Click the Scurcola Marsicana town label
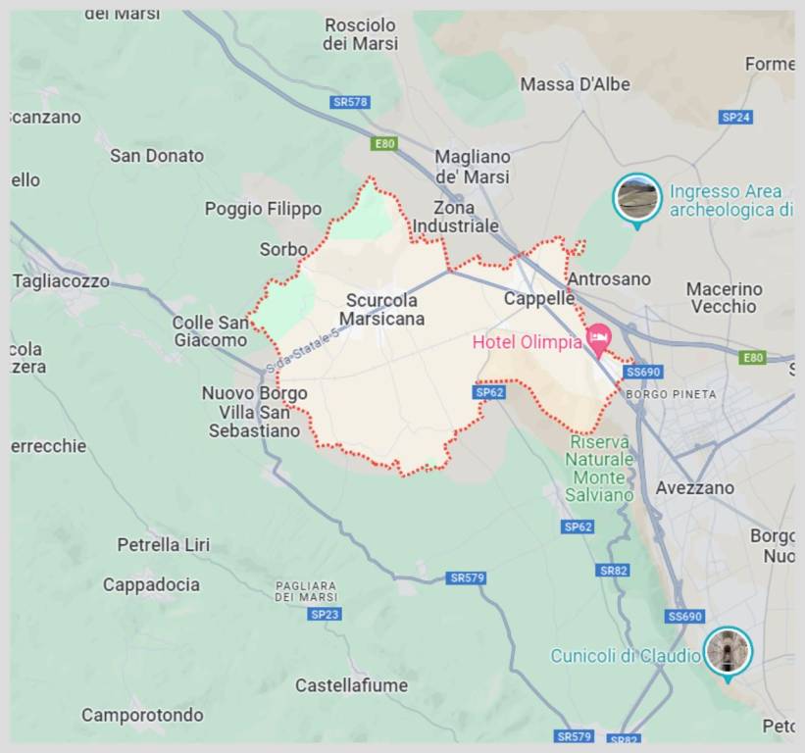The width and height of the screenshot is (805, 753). [382, 310]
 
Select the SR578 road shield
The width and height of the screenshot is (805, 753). [350, 102]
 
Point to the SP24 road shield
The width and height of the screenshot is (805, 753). [735, 117]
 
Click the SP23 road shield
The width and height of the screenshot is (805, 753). [325, 614]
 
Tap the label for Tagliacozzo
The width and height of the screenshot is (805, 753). [61, 281]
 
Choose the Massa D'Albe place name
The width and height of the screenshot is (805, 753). [575, 85]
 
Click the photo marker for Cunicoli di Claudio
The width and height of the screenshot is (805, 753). [728, 651]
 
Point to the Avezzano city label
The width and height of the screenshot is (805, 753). [694, 487]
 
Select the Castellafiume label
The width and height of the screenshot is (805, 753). [351, 685]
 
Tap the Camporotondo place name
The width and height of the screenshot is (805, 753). [142, 715]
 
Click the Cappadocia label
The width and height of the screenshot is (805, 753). [151, 585]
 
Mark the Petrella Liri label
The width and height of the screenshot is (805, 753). [163, 544]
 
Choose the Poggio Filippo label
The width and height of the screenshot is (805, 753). [263, 209]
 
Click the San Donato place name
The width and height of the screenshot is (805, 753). [157, 156]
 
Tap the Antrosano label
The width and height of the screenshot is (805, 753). [609, 279]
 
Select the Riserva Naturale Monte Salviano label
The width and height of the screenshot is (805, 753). [599, 469]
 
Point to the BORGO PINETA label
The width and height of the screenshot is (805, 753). [671, 394]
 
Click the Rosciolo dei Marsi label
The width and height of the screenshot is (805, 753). [361, 34]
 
